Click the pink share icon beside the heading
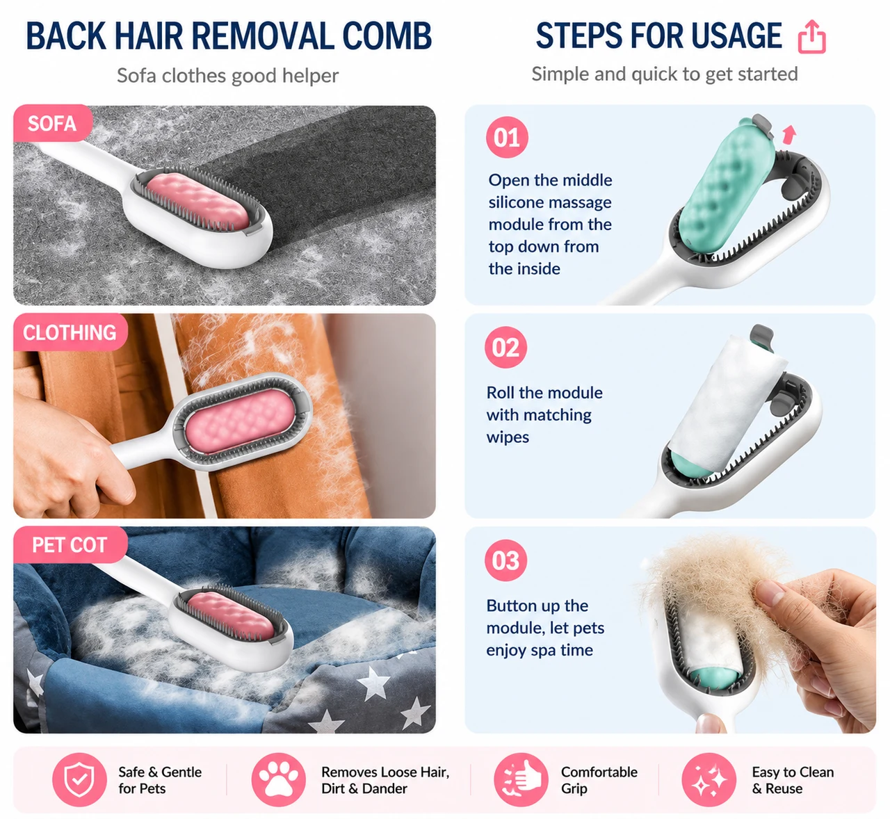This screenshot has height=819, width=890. tap(811, 37)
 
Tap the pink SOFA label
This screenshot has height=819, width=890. tap(52, 123)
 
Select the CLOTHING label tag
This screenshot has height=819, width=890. tap(70, 332)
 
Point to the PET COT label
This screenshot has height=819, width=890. tap(70, 545)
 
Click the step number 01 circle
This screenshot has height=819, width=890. tap(507, 137)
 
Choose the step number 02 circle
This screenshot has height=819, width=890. tap(505, 348)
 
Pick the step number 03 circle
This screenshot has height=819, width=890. tap(505, 560)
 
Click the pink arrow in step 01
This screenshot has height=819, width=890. tap(789, 134)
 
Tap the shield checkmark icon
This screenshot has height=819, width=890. tap(79, 779)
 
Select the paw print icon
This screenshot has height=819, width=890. tap(279, 779)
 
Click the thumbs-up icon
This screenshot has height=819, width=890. tap(521, 779)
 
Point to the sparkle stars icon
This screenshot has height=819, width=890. tap(709, 779)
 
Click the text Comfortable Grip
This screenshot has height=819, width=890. tap(599, 780)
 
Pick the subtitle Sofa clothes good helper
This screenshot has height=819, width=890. tap(227, 75)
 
